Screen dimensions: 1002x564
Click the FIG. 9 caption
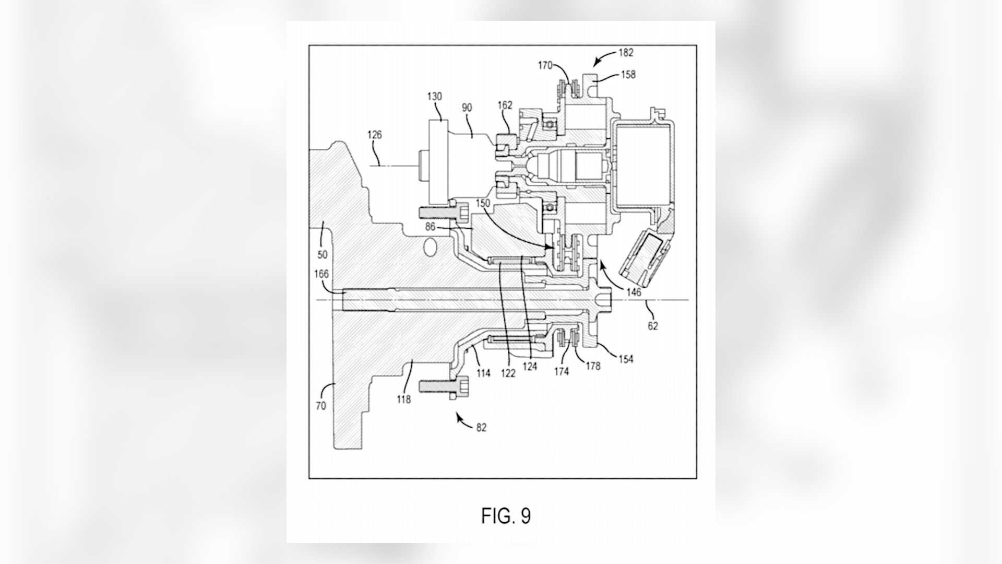[506, 516]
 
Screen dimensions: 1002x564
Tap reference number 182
[626, 52]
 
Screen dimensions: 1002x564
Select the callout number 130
[434, 96]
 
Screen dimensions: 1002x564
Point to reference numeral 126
[375, 135]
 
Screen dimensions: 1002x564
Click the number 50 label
[323, 255]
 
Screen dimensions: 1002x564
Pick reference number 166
[321, 274]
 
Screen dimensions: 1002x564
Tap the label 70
[320, 406]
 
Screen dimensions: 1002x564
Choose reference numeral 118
[403, 399]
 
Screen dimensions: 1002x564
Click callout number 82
[481, 428]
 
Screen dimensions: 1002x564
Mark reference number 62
[653, 326]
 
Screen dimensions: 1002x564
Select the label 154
[625, 359]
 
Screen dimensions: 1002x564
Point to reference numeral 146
[634, 293]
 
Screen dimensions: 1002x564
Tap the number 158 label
[628, 75]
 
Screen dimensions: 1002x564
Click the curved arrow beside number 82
[463, 419]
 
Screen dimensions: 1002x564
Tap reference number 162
[505, 105]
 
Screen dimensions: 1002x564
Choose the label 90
[467, 108]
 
